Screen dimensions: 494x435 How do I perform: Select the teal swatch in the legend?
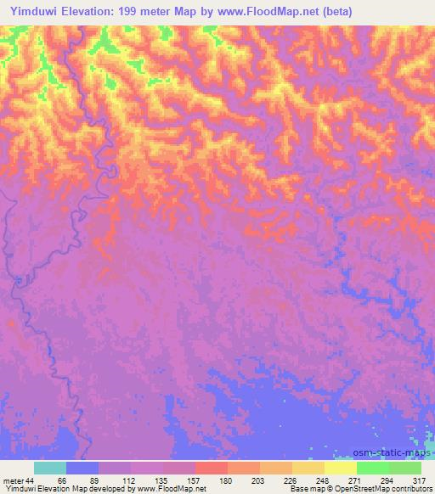pyautogui.click(x=50, y=468)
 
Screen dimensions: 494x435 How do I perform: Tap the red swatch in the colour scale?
pyautogui.click(x=211, y=468)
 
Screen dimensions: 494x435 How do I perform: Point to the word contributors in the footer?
pyautogui.click(x=411, y=489)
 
